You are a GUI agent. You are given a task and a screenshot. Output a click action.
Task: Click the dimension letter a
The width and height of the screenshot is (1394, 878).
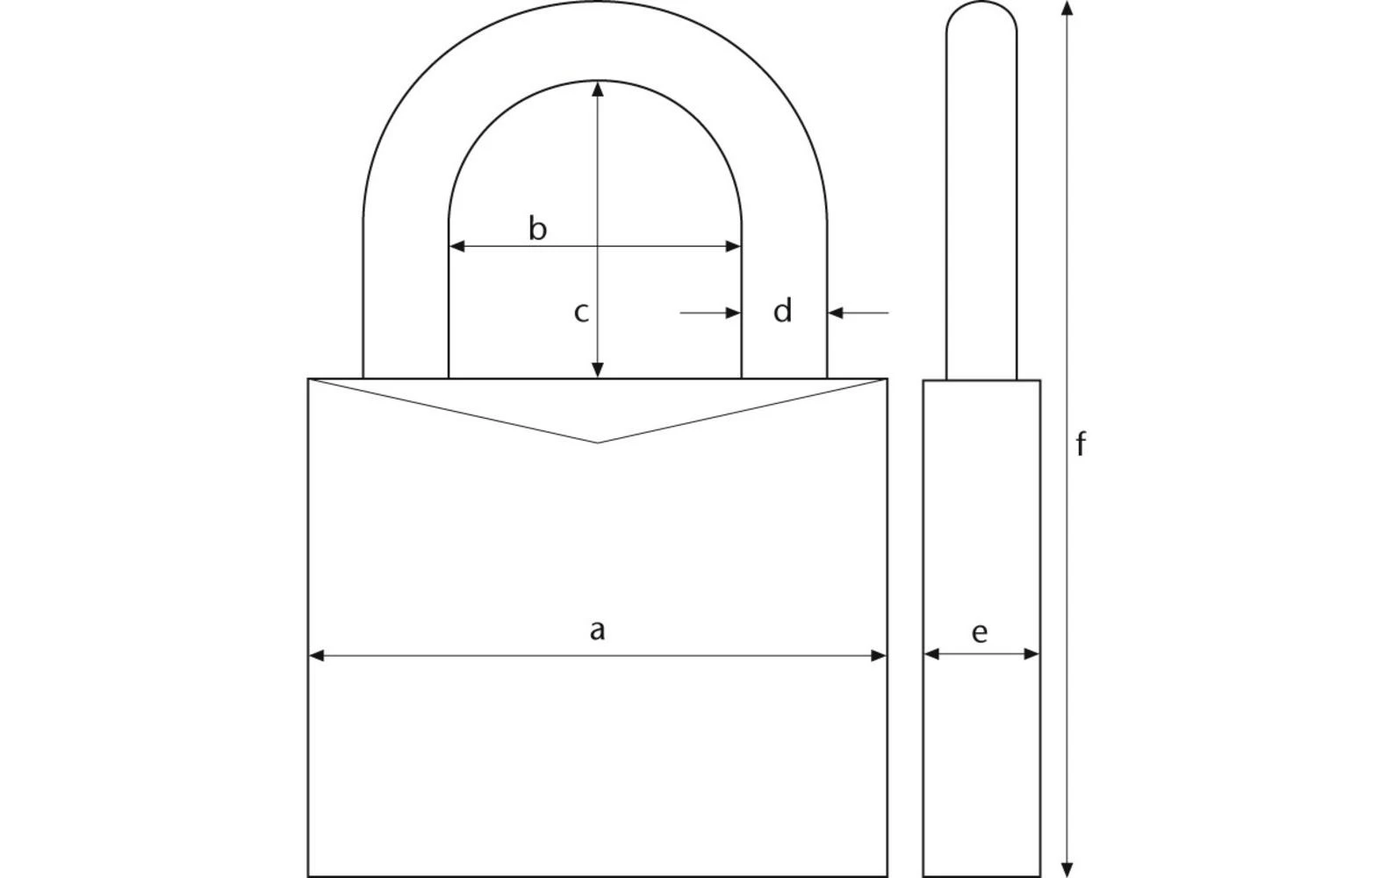[x=597, y=630]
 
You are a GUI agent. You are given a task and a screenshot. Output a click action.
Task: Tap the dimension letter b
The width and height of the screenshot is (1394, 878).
[x=537, y=228]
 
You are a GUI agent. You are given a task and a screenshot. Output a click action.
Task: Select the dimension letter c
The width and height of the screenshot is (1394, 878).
[x=580, y=312]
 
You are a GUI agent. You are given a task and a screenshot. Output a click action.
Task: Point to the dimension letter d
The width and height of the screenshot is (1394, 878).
[x=783, y=311]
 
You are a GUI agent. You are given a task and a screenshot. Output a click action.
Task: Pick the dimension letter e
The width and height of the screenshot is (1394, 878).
[x=980, y=632]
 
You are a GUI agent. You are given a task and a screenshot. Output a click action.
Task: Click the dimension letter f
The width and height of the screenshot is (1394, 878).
[x=1081, y=445]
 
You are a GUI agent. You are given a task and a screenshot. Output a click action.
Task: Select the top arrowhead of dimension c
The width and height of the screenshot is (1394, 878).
[x=598, y=89]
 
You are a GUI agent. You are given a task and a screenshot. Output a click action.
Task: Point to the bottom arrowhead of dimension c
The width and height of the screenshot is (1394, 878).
[x=598, y=370]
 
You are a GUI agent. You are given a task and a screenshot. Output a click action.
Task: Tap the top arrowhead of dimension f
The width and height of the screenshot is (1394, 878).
[x=1067, y=9]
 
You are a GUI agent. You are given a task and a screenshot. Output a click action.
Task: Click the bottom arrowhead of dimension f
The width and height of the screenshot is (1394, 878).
[x=1067, y=869]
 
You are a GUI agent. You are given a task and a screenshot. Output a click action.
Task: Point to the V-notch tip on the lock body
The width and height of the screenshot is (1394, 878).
[x=598, y=443]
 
